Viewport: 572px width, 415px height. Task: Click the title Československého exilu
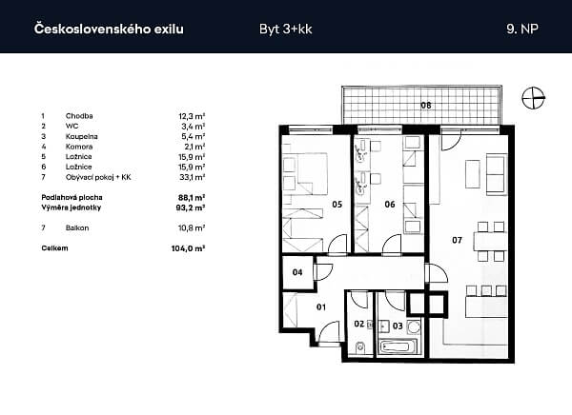[109, 29]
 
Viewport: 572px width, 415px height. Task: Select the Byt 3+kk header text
[286, 30]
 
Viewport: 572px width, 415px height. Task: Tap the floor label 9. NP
[522, 29]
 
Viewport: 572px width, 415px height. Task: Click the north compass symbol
[533, 98]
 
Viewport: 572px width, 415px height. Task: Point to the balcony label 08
[426, 106]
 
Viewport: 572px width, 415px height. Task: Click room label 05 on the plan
[337, 205]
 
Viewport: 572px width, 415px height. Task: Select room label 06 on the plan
[390, 205]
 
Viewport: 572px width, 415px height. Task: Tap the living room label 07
[457, 240]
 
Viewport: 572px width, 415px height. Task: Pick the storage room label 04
[297, 272]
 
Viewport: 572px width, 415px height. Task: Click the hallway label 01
[321, 307]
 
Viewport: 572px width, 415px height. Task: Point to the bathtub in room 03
[398, 346]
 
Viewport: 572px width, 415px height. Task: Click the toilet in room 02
[360, 347]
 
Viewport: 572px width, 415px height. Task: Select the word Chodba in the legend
[79, 116]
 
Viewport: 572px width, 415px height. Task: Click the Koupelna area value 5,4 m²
[193, 137]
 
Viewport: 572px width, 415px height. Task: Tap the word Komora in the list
[79, 147]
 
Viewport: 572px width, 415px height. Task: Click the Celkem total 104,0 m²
[188, 248]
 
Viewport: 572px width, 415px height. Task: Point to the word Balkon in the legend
[77, 228]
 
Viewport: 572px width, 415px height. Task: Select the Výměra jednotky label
[71, 207]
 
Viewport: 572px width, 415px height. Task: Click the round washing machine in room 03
[414, 326]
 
